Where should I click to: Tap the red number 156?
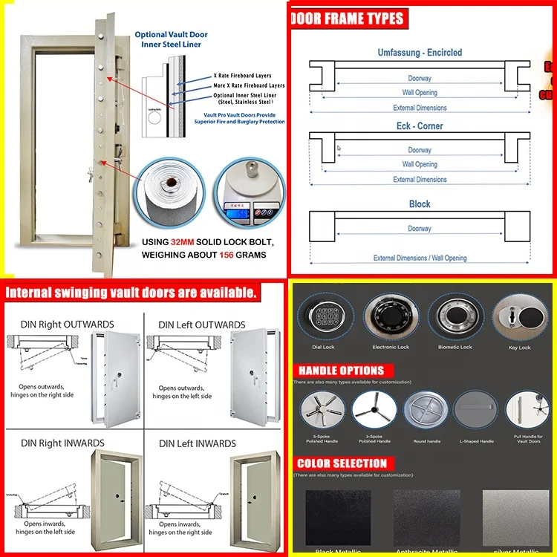coord(226,255)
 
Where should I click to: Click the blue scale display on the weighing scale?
coord(240,210)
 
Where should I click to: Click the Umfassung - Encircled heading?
coord(420,53)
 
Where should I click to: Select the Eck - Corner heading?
coord(420,126)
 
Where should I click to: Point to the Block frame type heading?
coord(420,203)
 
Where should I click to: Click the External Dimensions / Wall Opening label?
coord(420,258)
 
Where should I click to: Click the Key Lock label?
coord(519,347)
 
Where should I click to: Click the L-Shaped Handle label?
coord(476,441)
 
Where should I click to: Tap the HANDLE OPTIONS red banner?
coord(341,370)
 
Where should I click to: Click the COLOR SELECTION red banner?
coord(342,463)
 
